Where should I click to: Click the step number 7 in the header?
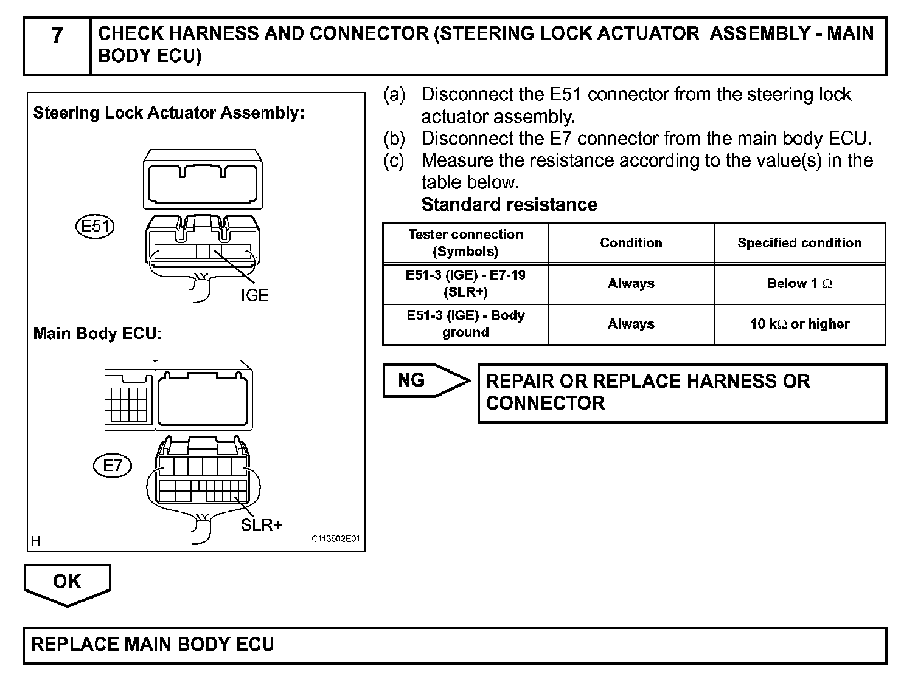pyautogui.click(x=57, y=36)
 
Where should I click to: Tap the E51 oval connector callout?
pyautogui.click(x=96, y=227)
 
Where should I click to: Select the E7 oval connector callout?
pyautogui.click(x=113, y=466)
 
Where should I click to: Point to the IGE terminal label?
pyautogui.click(x=254, y=295)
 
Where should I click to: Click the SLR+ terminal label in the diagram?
pyautogui.click(x=262, y=525)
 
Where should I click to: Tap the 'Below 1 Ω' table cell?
pyautogui.click(x=799, y=284)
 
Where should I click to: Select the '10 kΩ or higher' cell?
pyautogui.click(x=799, y=325)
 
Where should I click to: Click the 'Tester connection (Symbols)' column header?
pyautogui.click(x=465, y=243)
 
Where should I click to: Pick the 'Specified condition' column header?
pyautogui.click(x=799, y=243)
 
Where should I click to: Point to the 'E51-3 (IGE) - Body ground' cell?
pyautogui.click(x=465, y=325)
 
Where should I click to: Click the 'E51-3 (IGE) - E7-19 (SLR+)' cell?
pyautogui.click(x=465, y=284)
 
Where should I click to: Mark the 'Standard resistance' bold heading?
pyautogui.click(x=509, y=205)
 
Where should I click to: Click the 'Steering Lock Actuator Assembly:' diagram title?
pyautogui.click(x=169, y=113)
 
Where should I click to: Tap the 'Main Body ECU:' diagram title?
pyautogui.click(x=97, y=334)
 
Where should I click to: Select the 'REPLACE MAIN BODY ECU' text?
pyautogui.click(x=153, y=645)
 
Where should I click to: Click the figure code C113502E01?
pyautogui.click(x=336, y=539)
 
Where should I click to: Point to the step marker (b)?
pyautogui.click(x=394, y=139)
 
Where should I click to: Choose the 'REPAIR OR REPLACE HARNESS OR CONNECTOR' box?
pyautogui.click(x=682, y=393)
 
